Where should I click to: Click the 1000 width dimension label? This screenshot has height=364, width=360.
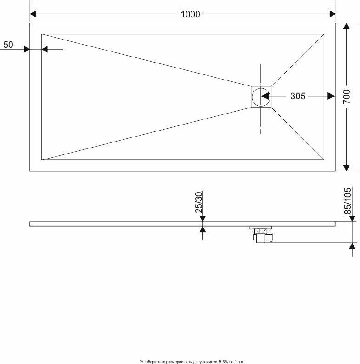(190, 14)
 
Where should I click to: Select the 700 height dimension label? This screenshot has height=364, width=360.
(347, 97)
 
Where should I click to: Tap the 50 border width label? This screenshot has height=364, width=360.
(8, 45)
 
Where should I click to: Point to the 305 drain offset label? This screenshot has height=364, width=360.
(298, 96)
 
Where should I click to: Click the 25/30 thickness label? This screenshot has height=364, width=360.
(199, 202)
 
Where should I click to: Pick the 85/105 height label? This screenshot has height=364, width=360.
(348, 201)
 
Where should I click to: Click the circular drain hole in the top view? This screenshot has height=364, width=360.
(261, 97)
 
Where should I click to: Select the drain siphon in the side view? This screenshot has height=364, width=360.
(261, 234)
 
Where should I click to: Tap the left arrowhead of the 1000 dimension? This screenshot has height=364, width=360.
(33, 14)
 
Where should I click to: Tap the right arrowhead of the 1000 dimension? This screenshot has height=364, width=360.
(332, 14)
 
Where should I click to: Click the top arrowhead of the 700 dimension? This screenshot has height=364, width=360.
(346, 26)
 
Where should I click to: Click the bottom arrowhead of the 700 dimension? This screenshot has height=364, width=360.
(346, 168)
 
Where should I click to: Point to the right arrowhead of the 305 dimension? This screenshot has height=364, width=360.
(331, 96)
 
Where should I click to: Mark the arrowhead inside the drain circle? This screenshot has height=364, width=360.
(265, 96)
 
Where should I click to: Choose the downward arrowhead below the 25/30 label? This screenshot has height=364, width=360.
(202, 218)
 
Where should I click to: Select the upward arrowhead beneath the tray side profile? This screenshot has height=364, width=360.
(203, 229)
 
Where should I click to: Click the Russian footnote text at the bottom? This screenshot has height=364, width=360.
(192, 361)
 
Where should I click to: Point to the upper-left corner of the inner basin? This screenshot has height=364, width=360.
(42, 34)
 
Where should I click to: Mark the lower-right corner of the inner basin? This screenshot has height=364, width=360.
(324, 160)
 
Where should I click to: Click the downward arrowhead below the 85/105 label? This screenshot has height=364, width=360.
(352, 218)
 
